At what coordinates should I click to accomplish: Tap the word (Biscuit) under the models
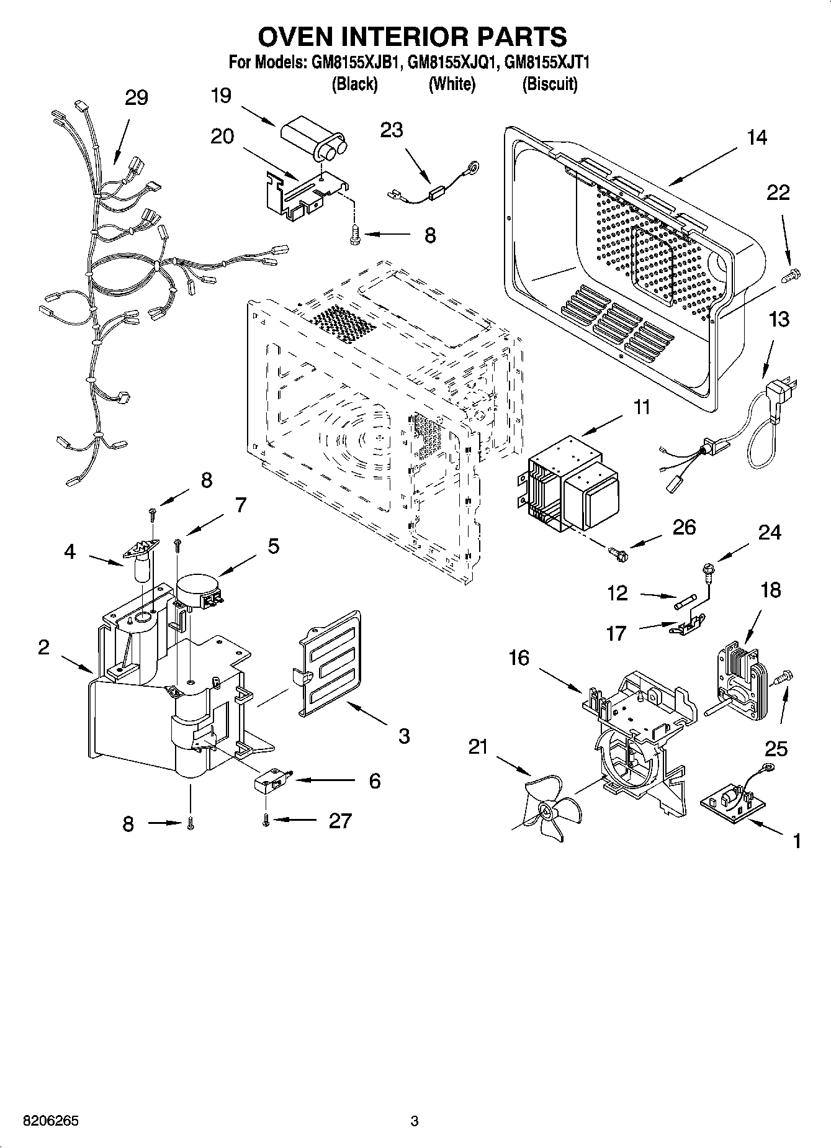point(550,84)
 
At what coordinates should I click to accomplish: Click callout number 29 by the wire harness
point(137,97)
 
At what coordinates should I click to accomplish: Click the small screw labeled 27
point(266,820)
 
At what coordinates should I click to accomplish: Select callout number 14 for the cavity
point(756,137)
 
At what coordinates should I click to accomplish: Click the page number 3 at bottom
point(415,1121)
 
